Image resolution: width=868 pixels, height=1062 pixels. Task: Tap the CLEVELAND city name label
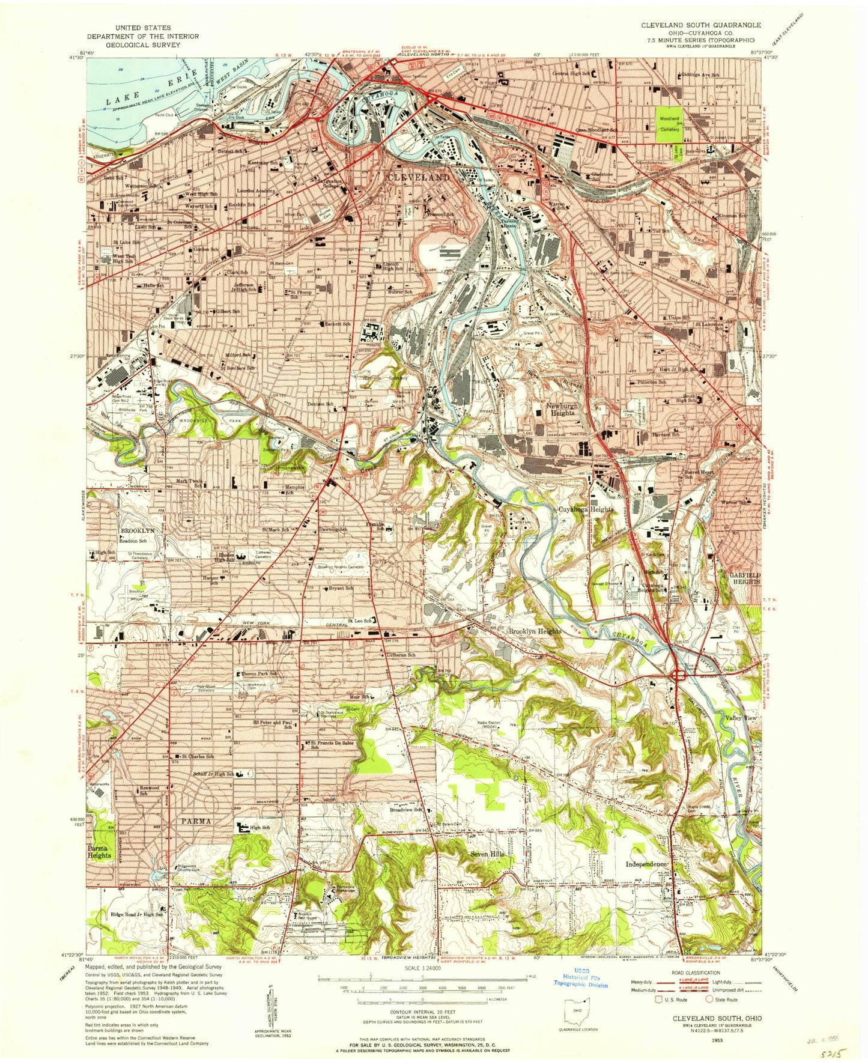coord(417,178)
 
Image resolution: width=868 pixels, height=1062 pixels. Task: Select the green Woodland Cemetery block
coord(670,123)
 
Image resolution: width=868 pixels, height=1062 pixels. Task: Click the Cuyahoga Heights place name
coord(586,509)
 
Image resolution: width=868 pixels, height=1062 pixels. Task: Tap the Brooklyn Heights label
coord(535,631)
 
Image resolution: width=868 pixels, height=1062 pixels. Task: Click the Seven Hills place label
coord(491,854)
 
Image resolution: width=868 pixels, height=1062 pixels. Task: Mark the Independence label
coord(646,864)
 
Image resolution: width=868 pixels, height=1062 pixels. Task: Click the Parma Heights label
coord(99,851)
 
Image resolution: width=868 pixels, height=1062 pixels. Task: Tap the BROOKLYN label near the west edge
coord(138,531)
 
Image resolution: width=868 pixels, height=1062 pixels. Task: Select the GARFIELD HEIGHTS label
coord(745,578)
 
